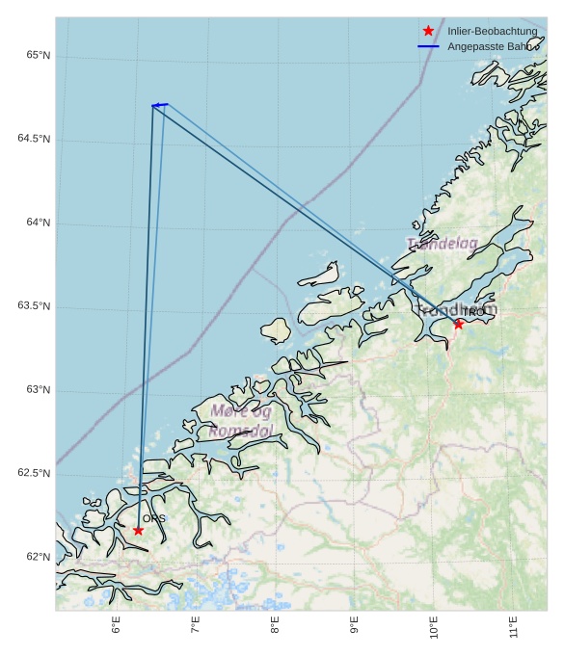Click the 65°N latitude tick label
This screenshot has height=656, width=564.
pos(34,55)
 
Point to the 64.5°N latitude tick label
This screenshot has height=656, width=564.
pos(34,139)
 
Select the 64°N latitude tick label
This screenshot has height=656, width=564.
pos(34,223)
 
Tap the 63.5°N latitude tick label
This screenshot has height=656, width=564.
pos(34,306)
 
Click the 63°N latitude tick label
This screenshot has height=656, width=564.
pos(34,389)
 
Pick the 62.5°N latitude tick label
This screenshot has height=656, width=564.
pos(34,473)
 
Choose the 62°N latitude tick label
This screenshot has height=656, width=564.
pos(34,557)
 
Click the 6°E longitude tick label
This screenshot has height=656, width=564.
pos(116,625)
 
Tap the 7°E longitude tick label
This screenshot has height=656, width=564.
pos(196,625)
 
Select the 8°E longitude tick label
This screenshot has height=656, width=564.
pos(275,625)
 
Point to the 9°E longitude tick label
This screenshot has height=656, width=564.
pos(354,625)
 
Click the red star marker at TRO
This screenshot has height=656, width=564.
pos(459,324)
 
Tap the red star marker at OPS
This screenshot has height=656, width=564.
pos(138,530)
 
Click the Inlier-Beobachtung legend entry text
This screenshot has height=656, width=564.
pos(492,32)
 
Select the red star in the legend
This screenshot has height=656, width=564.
pos(428,31)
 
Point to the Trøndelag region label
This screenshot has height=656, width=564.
pos(442,244)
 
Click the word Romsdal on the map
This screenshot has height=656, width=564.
pos(241,431)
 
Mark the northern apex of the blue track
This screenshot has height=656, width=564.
pos(153,105)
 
